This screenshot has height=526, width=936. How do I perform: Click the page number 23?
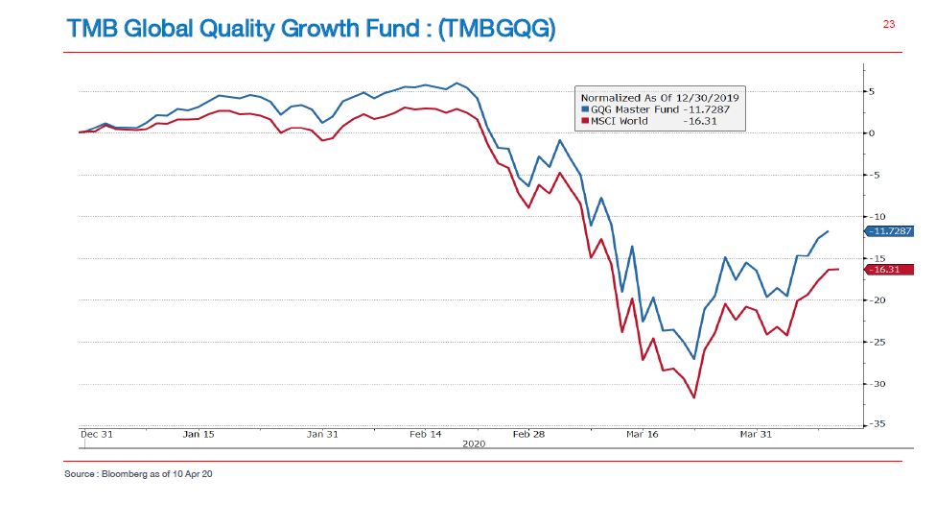(888, 25)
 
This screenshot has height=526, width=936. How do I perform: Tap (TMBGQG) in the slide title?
(496, 30)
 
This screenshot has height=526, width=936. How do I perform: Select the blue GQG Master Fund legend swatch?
(584, 109)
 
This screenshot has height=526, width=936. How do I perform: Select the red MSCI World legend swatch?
(584, 121)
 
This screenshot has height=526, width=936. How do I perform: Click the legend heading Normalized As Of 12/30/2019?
(660, 98)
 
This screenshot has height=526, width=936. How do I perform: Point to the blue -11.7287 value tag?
(889, 231)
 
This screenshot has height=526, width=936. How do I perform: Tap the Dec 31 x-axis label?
(96, 434)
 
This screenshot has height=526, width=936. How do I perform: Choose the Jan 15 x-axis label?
(198, 434)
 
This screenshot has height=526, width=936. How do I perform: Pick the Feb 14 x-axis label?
(425, 434)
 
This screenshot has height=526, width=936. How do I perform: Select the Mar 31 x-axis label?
(756, 434)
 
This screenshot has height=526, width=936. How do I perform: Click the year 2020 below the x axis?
(474, 443)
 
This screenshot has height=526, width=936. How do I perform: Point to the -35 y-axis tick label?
(877, 424)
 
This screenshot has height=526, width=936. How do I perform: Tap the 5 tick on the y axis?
(871, 91)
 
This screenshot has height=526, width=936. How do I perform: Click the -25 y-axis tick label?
(877, 342)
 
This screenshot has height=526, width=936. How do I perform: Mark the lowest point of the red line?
(693, 397)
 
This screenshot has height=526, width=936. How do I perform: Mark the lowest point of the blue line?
(693, 359)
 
